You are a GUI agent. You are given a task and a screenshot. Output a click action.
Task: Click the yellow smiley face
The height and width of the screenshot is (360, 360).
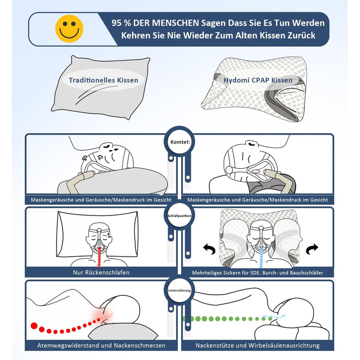point(69,28)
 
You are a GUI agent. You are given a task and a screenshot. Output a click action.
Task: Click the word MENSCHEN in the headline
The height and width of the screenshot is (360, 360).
point(175,23)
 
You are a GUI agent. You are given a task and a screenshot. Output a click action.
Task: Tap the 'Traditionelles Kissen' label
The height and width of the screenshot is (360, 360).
point(103,80)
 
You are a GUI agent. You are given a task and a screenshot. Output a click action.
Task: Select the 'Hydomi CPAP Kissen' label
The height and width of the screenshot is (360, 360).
point(258,80)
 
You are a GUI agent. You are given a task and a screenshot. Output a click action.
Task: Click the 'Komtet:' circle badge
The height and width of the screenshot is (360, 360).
point(180,141)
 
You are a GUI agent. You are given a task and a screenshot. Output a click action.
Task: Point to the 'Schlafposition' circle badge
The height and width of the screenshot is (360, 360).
point(179,215)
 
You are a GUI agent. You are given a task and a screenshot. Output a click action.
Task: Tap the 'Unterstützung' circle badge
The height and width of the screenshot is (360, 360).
point(179,291)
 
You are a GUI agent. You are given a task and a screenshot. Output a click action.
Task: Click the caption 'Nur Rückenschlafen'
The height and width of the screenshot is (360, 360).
point(101,273)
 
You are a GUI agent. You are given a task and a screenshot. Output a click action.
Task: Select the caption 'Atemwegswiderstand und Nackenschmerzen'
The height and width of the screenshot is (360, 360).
point(101,345)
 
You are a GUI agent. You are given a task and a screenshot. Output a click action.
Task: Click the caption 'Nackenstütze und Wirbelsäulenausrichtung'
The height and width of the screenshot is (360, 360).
point(258,345)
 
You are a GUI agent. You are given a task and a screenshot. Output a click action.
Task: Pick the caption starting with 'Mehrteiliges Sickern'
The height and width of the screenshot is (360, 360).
point(258,273)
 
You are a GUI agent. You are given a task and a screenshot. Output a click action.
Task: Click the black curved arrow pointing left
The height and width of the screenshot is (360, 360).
point(210,249)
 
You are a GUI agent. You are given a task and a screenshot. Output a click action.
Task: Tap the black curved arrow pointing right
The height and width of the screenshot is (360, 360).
point(312,249)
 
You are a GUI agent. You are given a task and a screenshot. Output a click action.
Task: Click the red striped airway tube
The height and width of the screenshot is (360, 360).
point(99,257)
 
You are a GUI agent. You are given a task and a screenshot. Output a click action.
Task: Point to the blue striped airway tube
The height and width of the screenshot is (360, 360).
point(261,257)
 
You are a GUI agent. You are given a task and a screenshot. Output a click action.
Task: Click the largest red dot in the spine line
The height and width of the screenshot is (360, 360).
point(34,326)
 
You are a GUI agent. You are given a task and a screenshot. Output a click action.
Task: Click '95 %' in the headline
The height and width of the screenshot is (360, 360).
point(121,23)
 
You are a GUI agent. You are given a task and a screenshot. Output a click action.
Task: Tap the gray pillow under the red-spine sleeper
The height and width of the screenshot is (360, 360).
point(123,331)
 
